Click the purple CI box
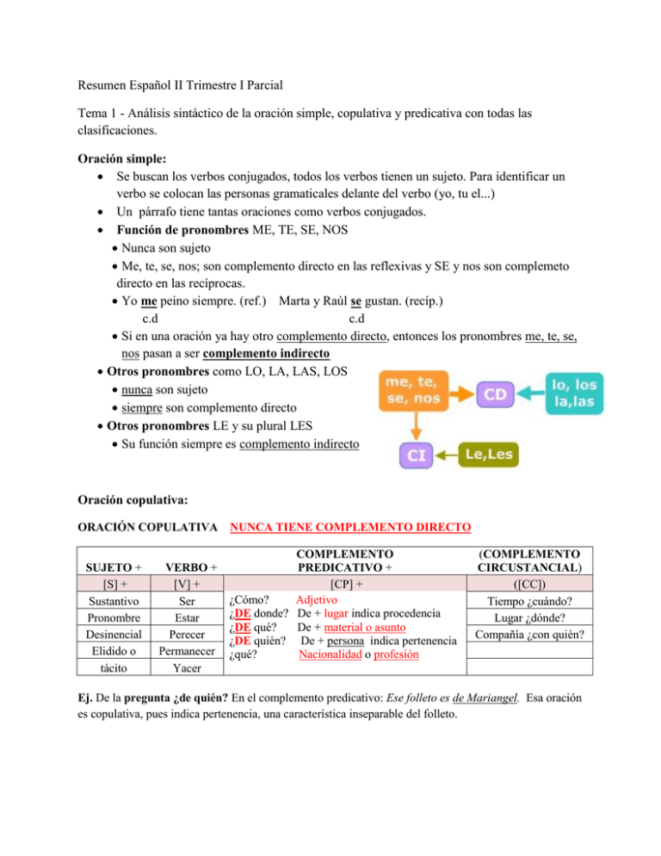click(x=415, y=456)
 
